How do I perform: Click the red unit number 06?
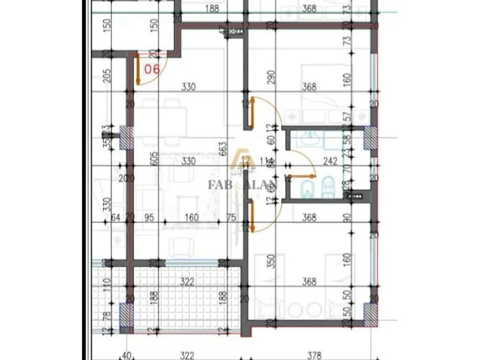point(152,69)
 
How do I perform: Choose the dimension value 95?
point(149,218)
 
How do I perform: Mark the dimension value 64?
point(115,218)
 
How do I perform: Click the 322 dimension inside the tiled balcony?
point(187,281)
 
